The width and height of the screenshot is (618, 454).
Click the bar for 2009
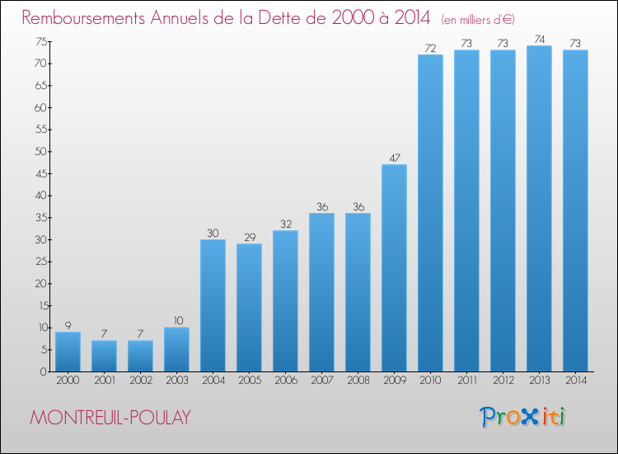point(394,267)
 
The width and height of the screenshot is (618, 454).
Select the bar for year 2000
point(68,352)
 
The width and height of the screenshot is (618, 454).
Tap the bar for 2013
point(539,208)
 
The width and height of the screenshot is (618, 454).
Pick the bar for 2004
point(213,305)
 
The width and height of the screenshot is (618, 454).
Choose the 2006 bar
point(285,300)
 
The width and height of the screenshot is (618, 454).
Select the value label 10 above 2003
point(176,319)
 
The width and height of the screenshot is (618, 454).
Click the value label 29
point(249,236)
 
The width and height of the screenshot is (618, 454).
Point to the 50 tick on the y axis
point(40,152)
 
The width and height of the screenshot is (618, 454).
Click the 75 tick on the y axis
point(40,42)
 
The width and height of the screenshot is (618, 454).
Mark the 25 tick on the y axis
point(40,262)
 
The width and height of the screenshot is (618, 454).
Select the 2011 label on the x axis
point(466,381)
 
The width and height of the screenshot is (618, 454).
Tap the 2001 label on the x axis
point(104,381)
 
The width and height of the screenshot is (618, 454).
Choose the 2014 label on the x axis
point(575,381)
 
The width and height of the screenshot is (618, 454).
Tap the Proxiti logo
point(522,417)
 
